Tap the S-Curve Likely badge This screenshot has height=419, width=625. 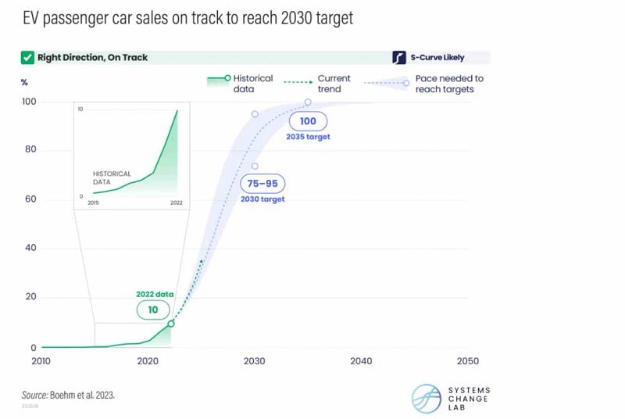pyautogui.click(x=441, y=57)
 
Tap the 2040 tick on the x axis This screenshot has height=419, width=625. pyautogui.click(x=361, y=361)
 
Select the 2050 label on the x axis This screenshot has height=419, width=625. pyautogui.click(x=467, y=361)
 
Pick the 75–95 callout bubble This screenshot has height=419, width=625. pyautogui.click(x=263, y=184)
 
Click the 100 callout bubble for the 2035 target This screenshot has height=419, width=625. pyautogui.click(x=307, y=122)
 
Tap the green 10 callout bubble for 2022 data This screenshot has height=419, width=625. pyautogui.click(x=152, y=310)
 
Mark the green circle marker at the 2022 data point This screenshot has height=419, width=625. pyautogui.click(x=171, y=323)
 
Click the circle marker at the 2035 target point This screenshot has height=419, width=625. pyautogui.click(x=308, y=102)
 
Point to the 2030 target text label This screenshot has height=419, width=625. pyautogui.click(x=262, y=199)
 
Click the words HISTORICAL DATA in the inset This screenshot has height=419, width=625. pyautogui.click(x=112, y=177)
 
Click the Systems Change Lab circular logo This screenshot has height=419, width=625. pyautogui.click(x=426, y=397)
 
